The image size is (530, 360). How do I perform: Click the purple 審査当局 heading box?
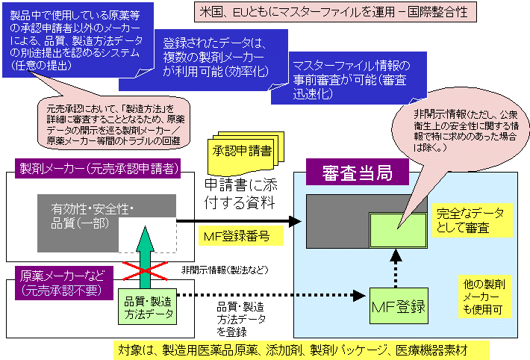357,173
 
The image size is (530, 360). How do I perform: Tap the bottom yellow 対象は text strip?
302,349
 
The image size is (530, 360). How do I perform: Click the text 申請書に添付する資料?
239,191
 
